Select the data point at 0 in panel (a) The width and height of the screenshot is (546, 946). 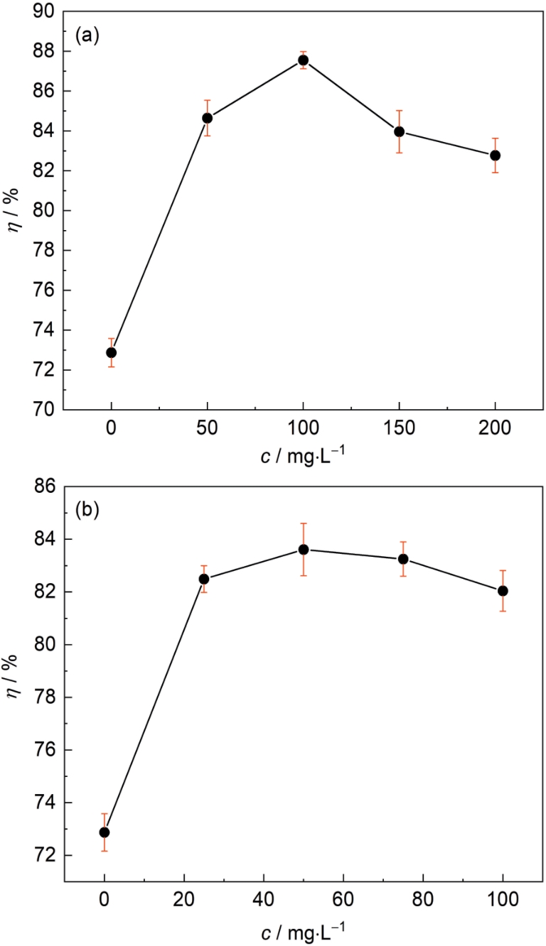[x=112, y=352]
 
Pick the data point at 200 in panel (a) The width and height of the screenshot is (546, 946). [x=495, y=156]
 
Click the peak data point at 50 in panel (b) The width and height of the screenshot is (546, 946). [x=304, y=549]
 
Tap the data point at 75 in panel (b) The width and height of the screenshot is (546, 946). [x=403, y=559]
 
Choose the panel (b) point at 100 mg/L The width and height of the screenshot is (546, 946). [x=503, y=591]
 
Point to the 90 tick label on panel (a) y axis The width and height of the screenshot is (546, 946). [x=43, y=12]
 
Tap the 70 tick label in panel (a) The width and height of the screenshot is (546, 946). [x=43, y=411]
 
